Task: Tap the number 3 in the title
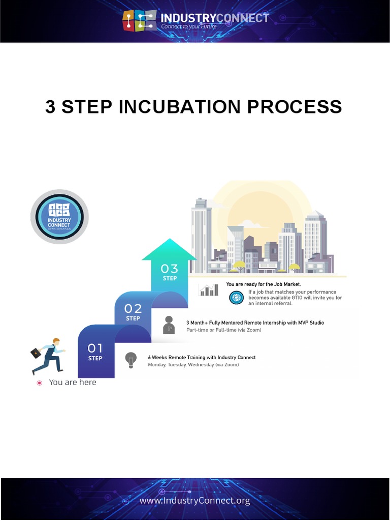(50, 107)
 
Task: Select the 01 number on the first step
(95, 348)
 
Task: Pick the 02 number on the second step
(133, 309)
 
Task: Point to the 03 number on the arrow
(170, 269)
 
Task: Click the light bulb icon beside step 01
(131, 359)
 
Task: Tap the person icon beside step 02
(169, 325)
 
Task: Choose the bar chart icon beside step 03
(209, 290)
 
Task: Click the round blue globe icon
(236, 298)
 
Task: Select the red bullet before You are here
(39, 383)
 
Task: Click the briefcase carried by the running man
(36, 353)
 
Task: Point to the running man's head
(56, 342)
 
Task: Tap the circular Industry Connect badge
(59, 216)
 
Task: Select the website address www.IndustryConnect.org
(194, 501)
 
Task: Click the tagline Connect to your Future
(189, 26)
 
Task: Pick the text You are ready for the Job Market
(263, 284)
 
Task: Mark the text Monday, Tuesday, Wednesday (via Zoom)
(193, 365)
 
